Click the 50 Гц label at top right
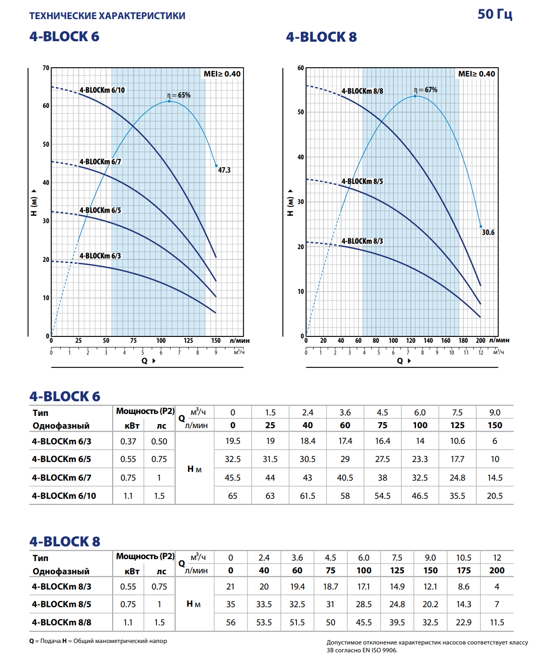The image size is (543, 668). pos(494,14)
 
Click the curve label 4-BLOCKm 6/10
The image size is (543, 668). pos(102,90)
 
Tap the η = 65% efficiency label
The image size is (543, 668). pos(179,95)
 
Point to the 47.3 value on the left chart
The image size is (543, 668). pos(224,170)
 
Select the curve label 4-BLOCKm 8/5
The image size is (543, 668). pos(362,181)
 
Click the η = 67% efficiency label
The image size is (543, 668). pos(425,90)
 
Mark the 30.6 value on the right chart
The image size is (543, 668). pos(488,232)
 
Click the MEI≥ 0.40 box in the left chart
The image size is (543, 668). pos(222,74)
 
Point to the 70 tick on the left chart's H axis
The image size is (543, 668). pos(46,68)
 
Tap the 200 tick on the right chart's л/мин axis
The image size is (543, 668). pos(480,340)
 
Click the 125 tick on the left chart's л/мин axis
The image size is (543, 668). pos(188,340)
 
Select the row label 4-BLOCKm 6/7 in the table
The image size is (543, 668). pos(61,478)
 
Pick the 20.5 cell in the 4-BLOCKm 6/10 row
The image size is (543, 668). pos(494,496)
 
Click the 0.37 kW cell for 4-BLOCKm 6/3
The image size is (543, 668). pos(128,441)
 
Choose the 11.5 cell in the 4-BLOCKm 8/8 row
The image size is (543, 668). pos(497,622)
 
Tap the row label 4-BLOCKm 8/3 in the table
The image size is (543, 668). pos(61,587)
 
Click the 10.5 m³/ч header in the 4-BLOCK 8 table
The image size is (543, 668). pos(464,558)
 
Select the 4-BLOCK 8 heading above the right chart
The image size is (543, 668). pos(321,37)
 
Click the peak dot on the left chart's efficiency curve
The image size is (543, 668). pos(170,101)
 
